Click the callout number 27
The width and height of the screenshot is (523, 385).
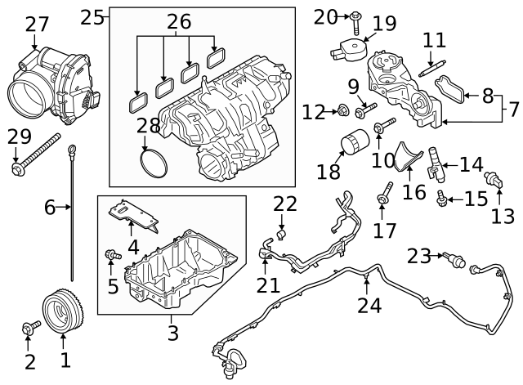(x=37, y=24)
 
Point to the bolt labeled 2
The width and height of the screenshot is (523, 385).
(x=30, y=328)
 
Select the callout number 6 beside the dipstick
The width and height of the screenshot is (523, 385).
(x=50, y=208)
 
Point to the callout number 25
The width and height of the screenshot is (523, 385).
(x=93, y=16)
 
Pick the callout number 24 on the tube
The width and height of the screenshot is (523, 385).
(x=369, y=305)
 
